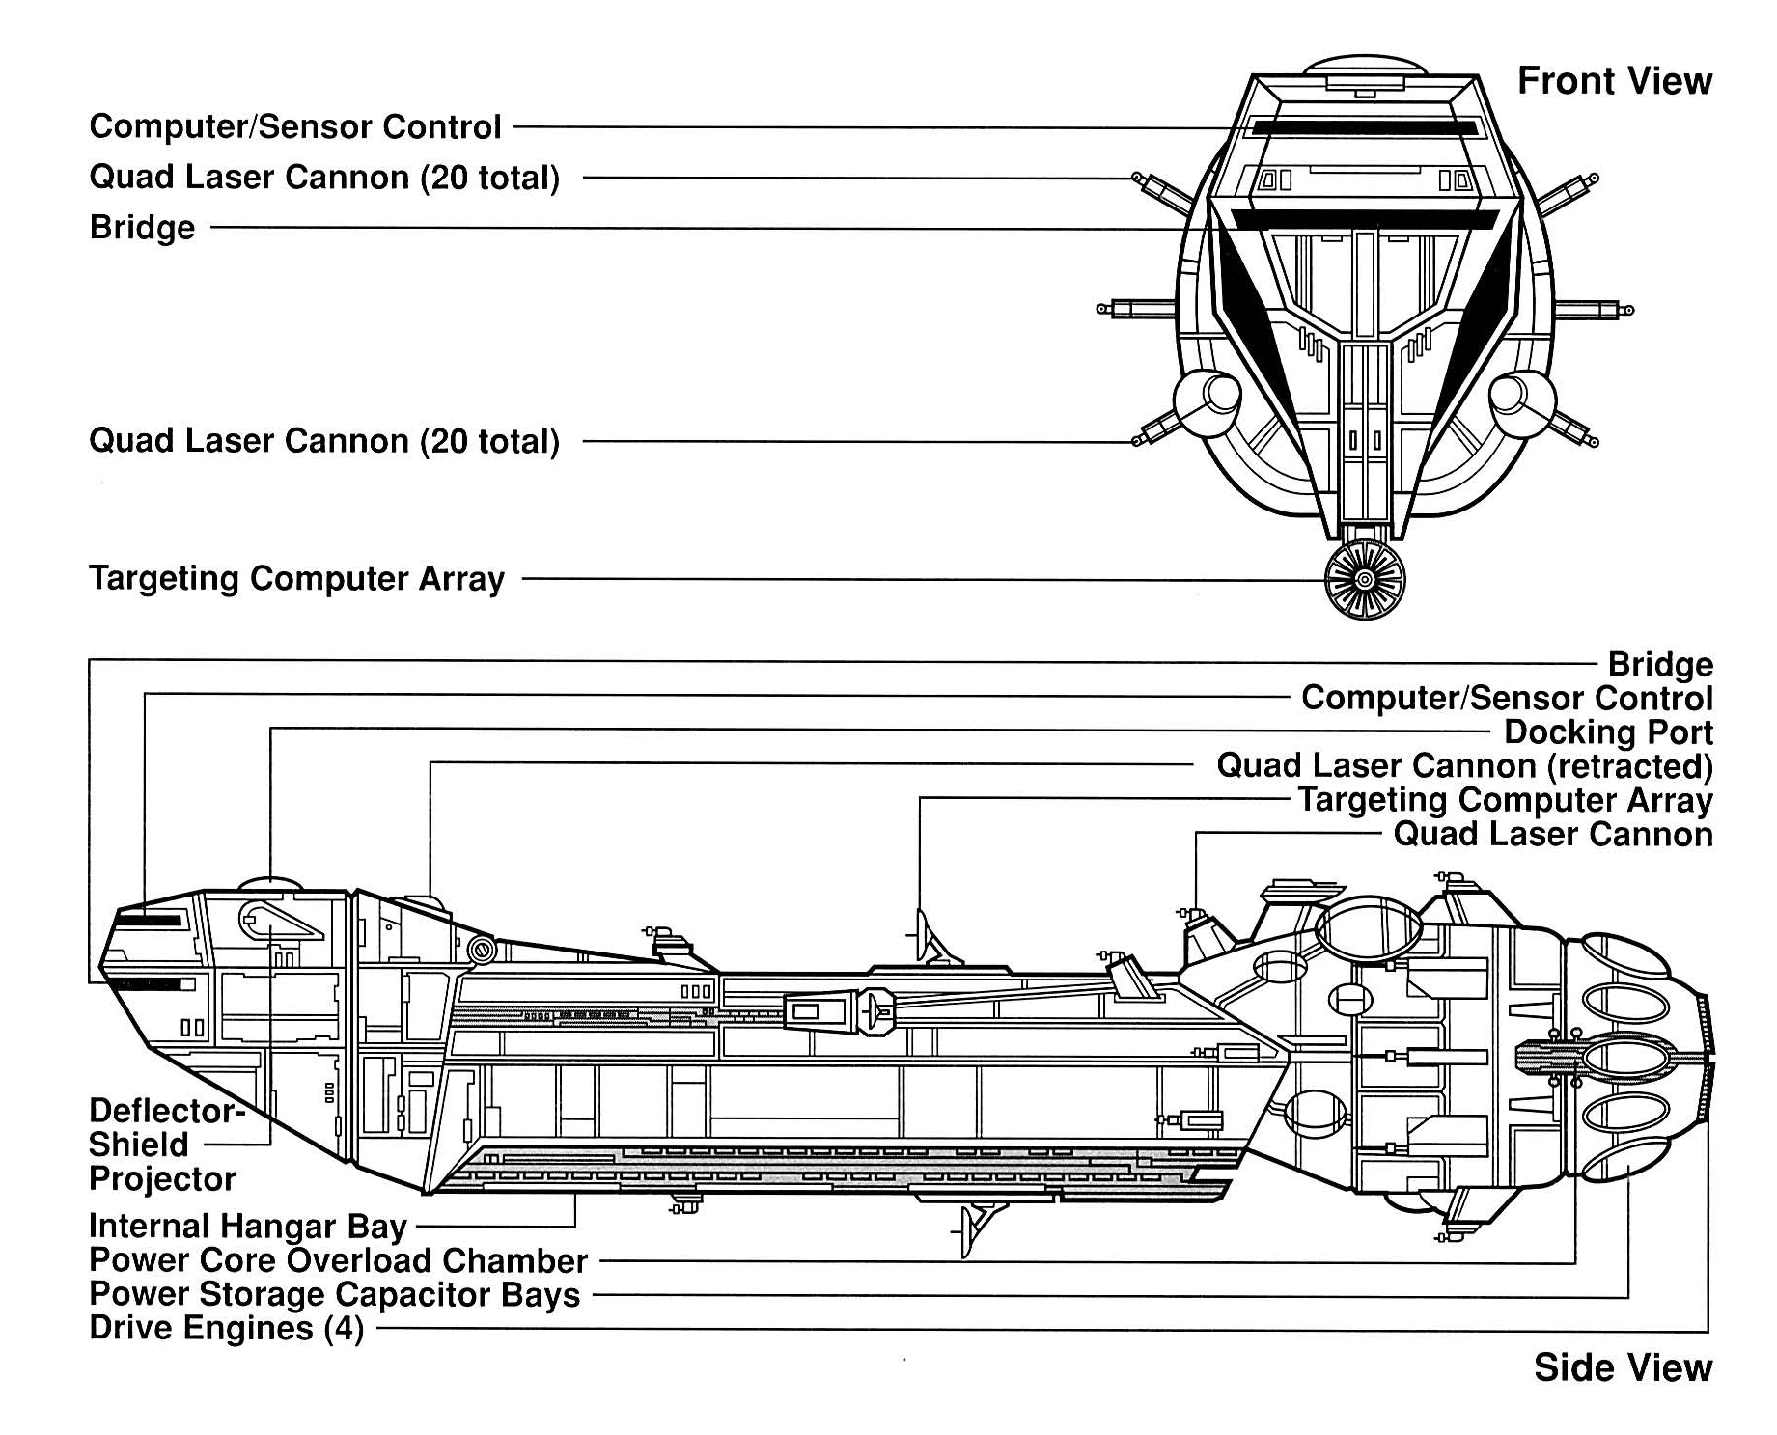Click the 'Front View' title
1614,81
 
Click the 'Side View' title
1623,1367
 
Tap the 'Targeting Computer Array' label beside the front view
296,579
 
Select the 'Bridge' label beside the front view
142,228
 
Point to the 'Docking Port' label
1608,732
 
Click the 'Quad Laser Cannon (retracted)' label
1464,766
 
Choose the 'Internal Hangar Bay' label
247,1227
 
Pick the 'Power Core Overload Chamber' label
338,1261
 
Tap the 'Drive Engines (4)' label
226,1329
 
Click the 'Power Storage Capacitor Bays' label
334,1295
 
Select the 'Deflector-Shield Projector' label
164,1145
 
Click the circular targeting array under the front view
1364,580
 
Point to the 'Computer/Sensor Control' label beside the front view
294,127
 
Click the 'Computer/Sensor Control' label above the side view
1507,699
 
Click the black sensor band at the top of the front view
1364,127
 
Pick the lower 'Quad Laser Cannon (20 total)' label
323,442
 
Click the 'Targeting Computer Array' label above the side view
1505,801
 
